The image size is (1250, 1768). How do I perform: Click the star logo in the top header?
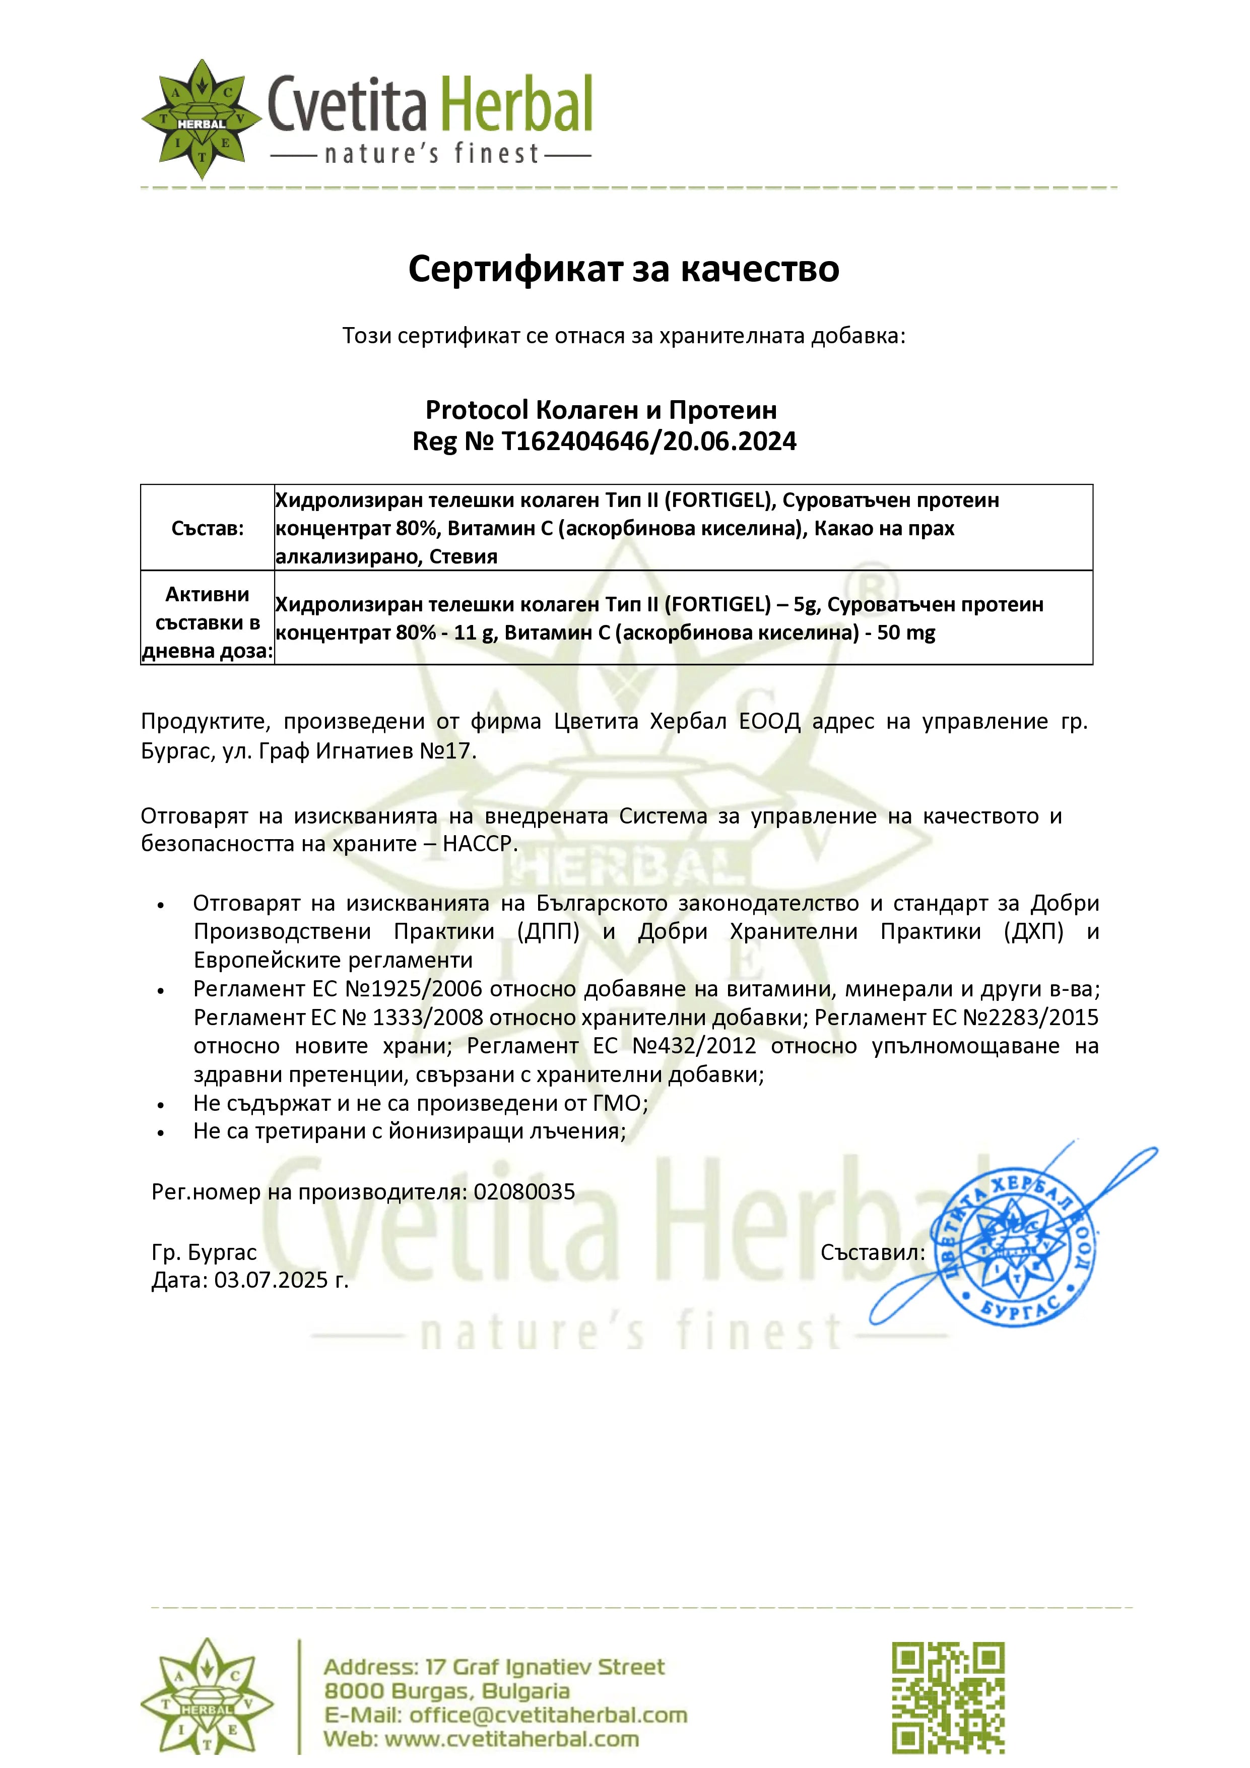click(x=202, y=119)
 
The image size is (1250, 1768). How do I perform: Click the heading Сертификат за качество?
click(x=623, y=269)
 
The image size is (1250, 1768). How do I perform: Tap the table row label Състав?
click(x=207, y=528)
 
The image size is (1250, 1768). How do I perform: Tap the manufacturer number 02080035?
click(x=524, y=1192)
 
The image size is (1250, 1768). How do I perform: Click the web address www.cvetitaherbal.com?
click(x=511, y=1739)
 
